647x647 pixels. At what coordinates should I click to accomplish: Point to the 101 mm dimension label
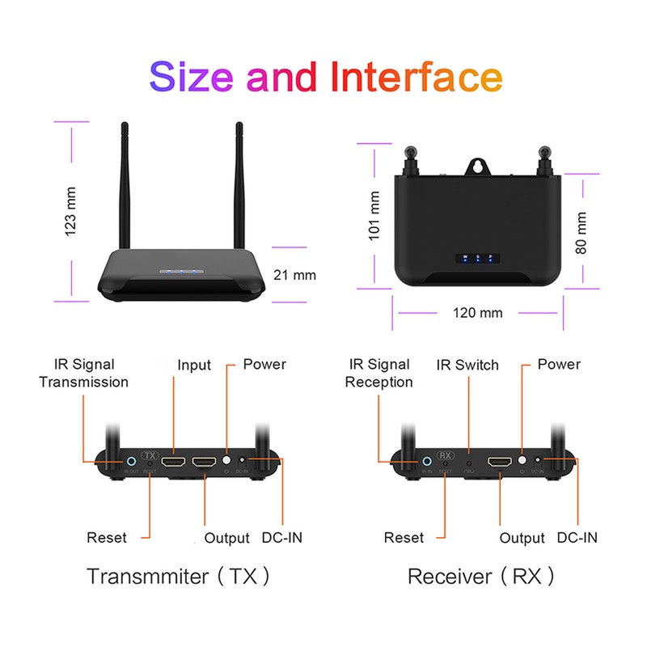pos(374,214)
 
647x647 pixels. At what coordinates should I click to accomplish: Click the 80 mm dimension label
pos(581,233)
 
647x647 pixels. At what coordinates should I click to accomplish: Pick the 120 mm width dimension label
pos(478,312)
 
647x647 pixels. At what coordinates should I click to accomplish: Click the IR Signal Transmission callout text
pos(84,373)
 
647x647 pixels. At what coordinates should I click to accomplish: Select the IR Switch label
pos(467,364)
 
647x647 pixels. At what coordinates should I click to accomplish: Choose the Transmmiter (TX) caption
pos(178,577)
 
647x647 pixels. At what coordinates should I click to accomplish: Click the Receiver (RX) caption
pos(482,577)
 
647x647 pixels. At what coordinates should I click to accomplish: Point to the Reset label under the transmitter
pos(107,537)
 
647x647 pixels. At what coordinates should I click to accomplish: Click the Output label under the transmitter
pos(227,537)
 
